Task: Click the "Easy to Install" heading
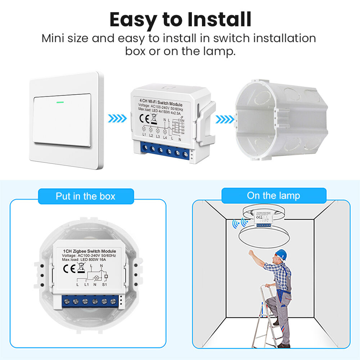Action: [x=180, y=19]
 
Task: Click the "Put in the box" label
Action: [x=85, y=196]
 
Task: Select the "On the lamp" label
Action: [x=273, y=195]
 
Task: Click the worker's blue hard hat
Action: [x=281, y=254]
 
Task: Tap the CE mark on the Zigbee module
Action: [x=69, y=268]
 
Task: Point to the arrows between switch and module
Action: [x=117, y=118]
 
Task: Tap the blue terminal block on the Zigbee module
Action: [x=90, y=301]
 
